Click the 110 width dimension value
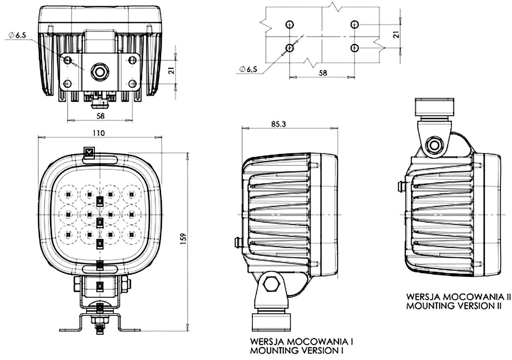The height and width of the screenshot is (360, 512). [99, 133]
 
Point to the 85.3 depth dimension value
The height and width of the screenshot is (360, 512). [278, 124]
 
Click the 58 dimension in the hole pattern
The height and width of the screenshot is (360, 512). [322, 73]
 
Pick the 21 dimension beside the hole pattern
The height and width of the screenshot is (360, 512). [396, 35]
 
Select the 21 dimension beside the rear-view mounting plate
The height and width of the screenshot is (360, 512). [171, 71]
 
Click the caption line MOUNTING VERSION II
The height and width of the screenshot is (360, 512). [454, 306]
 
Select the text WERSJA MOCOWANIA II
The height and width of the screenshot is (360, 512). [458, 297]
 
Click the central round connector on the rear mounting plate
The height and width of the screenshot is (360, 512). [99, 72]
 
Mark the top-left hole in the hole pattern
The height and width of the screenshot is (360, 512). [290, 24]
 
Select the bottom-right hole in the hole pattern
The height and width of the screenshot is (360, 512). [354, 48]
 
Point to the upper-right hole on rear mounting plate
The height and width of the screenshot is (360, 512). [132, 60]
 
